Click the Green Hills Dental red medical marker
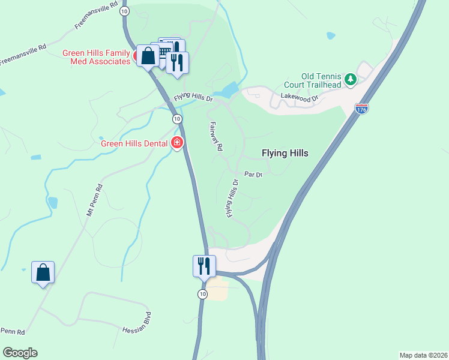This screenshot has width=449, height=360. pyautogui.click(x=177, y=143)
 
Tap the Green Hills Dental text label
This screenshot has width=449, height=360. pyautogui.click(x=135, y=143)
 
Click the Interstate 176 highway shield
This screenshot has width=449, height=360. pyautogui.click(x=362, y=108)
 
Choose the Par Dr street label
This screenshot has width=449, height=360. pyautogui.click(x=254, y=175)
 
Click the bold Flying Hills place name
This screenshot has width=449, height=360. pyautogui.click(x=285, y=153)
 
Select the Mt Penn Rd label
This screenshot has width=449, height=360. pyautogui.click(x=95, y=200)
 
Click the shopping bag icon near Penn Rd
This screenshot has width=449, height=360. pyautogui.click(x=43, y=273)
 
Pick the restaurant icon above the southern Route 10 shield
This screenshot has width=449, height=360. pyautogui.click(x=204, y=266)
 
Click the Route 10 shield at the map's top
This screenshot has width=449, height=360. pyautogui.click(x=124, y=11)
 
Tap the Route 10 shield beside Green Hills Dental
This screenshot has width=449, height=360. pyautogui.click(x=177, y=119)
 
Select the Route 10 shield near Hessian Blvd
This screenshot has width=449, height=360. pyautogui.click(x=203, y=293)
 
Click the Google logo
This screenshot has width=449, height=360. pyautogui.click(x=20, y=353)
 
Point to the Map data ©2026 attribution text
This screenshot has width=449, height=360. pyautogui.click(x=424, y=355)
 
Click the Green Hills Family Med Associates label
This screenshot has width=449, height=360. pyautogui.click(x=97, y=57)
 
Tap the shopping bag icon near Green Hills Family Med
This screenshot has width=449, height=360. pyautogui.click(x=147, y=56)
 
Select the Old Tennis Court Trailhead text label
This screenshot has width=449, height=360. pyautogui.click(x=321, y=80)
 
